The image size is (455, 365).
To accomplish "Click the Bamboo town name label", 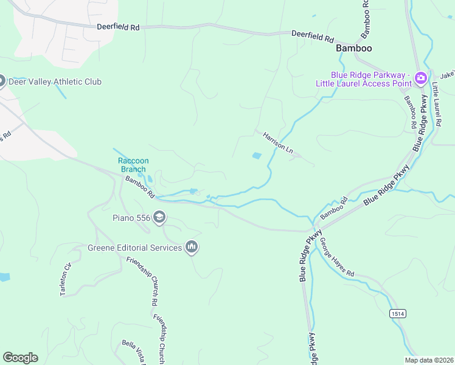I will tap(353, 47).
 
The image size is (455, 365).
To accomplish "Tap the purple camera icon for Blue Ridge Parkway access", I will tap(420, 78).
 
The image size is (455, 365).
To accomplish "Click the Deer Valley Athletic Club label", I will tap(59, 82).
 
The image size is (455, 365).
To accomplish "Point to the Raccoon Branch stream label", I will tap(132, 165).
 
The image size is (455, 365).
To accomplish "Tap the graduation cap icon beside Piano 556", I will tap(159, 217).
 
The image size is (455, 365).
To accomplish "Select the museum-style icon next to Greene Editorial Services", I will tap(192, 247).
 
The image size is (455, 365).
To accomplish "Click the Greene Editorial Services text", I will tap(135, 248).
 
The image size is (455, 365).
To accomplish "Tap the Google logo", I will tap(20, 358).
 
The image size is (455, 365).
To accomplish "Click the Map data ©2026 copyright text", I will tap(429, 360).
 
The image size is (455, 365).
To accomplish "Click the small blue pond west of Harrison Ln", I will tap(257, 156).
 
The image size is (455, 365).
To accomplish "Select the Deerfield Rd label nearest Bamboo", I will tap(312, 36).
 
